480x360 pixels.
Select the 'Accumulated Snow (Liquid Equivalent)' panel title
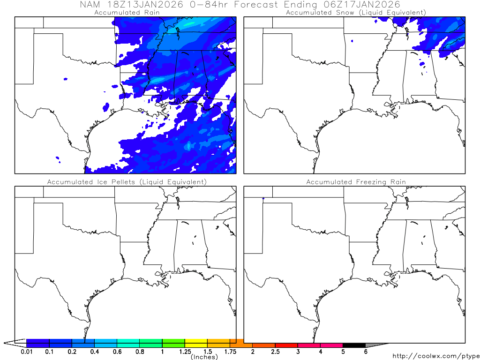356,13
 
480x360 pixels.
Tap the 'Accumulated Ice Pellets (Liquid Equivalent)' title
127,182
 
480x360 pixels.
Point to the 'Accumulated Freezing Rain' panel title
356,182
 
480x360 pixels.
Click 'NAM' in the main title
90,4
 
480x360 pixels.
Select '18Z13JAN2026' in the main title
148,4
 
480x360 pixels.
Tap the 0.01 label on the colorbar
27,352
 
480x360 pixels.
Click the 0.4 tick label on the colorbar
94,352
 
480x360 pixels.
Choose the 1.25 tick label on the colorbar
185,352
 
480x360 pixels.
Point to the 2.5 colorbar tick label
275,352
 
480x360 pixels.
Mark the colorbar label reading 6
366,352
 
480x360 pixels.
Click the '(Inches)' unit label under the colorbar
204,357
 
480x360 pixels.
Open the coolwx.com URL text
435,357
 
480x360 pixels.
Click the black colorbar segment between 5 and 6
354,343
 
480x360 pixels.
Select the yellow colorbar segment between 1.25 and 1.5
196,343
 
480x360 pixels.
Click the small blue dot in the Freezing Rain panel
263,198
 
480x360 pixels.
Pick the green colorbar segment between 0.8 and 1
151,343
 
